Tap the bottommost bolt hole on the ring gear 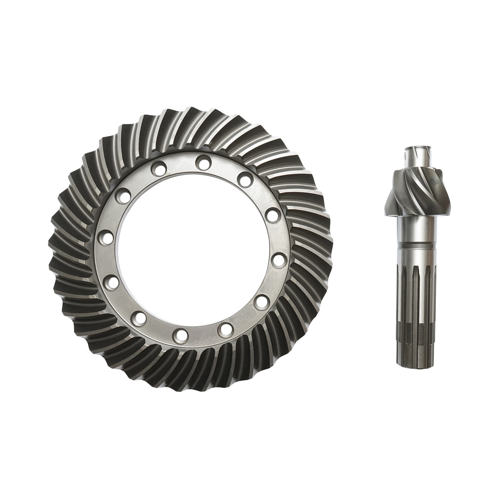tap(181, 334)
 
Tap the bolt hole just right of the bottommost tap(226, 329)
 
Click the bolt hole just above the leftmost tap(123, 195)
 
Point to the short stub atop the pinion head tap(415, 158)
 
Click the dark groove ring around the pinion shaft tap(415, 249)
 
